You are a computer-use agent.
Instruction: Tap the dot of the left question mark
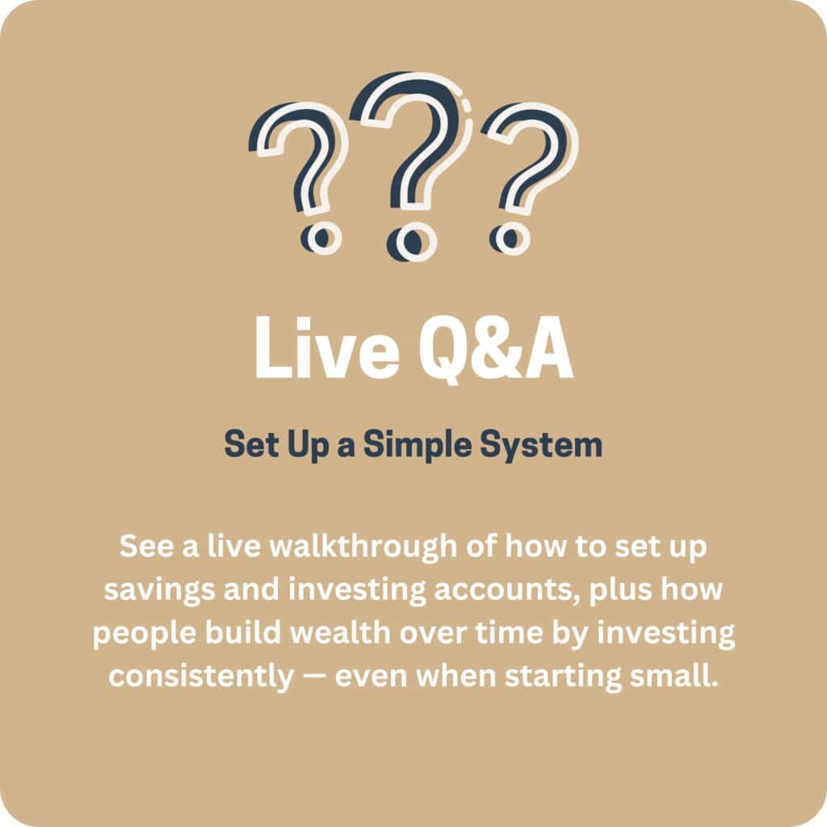click(321, 238)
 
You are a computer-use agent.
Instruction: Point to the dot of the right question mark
click(510, 238)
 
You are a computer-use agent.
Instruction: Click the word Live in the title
click(327, 348)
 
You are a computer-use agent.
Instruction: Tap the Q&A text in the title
click(496, 349)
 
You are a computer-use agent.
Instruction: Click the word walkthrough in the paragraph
click(363, 546)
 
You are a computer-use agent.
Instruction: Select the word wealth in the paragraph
click(341, 632)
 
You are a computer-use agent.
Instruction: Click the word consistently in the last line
click(201, 676)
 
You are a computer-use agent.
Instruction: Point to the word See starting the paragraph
click(146, 546)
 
